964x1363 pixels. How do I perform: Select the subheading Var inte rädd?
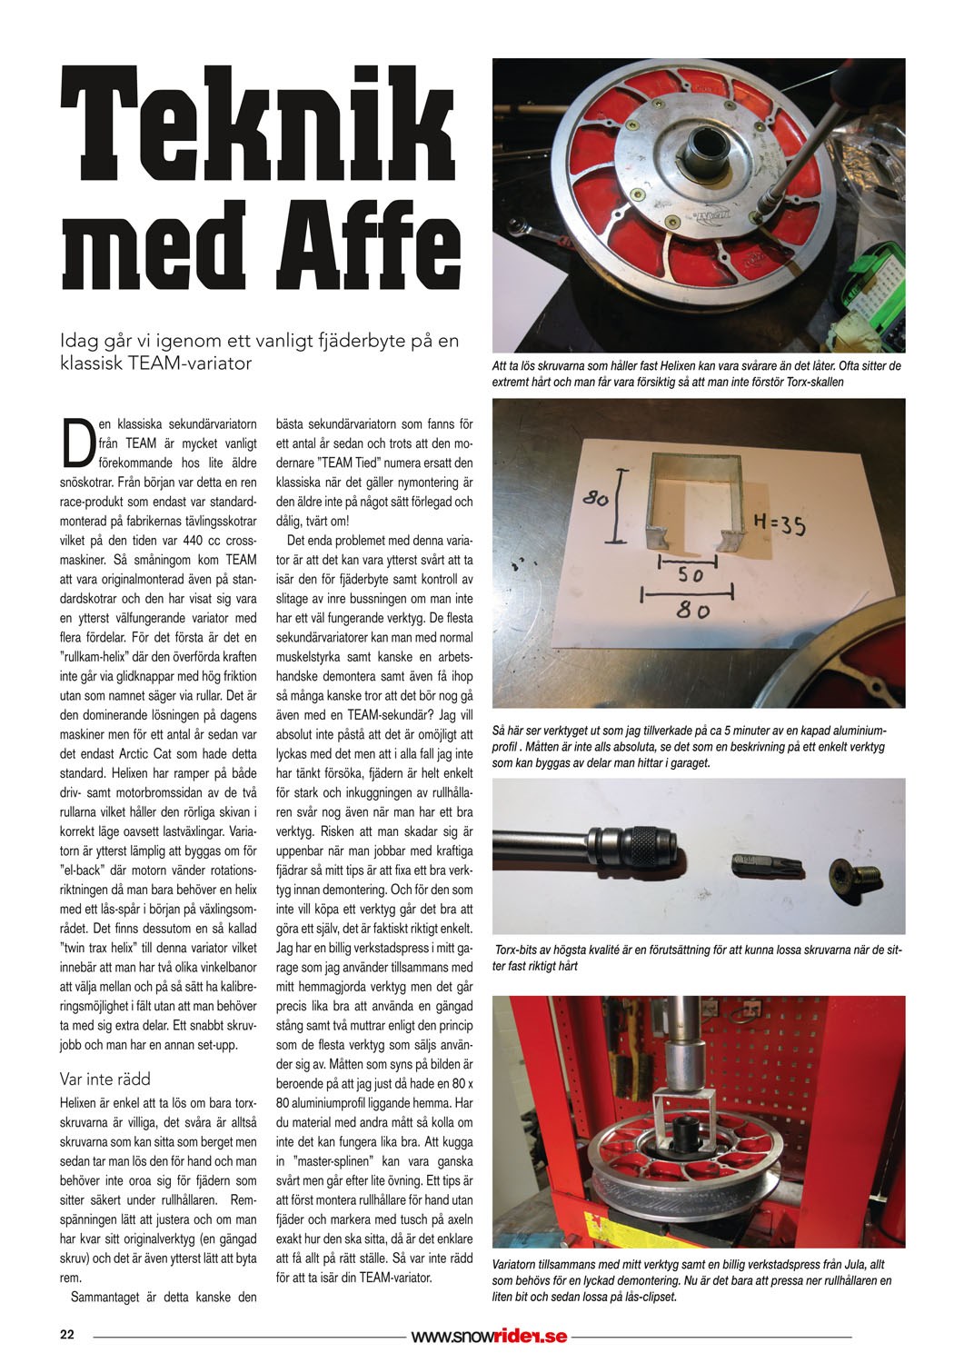click(x=104, y=1079)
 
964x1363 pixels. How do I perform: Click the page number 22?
click(x=66, y=1335)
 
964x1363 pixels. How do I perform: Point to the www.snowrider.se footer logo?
click(x=489, y=1336)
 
